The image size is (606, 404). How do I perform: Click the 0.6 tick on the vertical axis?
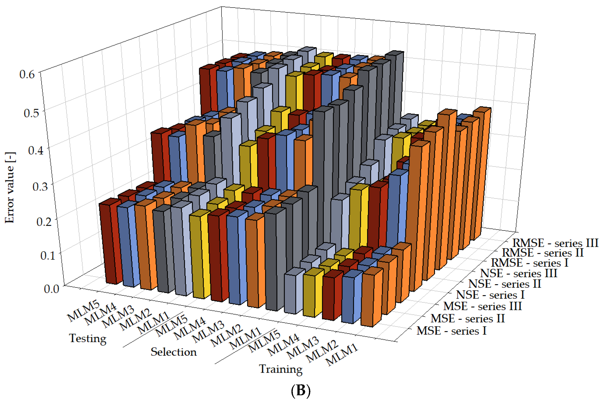[27, 74]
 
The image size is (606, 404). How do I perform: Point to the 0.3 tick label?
[40, 186]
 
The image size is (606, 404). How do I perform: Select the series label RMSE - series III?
[555, 243]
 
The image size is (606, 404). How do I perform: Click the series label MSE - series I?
[451, 331]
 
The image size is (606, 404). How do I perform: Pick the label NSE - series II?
[504, 284]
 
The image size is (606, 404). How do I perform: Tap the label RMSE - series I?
[529, 263]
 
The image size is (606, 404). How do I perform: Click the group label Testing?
[88, 339]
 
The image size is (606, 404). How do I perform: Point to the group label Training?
[281, 369]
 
